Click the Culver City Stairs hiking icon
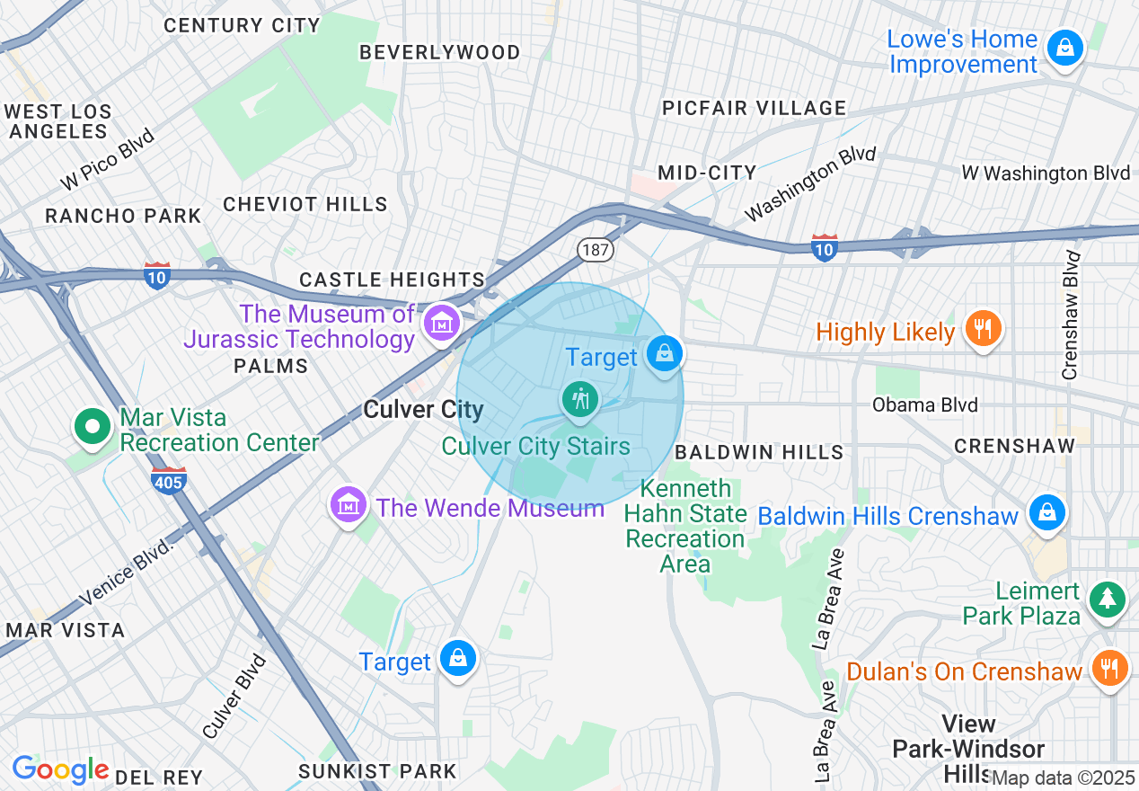[x=580, y=398]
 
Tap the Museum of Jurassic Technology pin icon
[x=442, y=322]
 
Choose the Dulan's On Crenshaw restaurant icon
[x=1110, y=668]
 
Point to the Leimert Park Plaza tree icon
[x=1107, y=599]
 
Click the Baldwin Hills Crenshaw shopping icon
[x=1046, y=512]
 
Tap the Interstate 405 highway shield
[x=169, y=480]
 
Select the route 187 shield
[x=595, y=249]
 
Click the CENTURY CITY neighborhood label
[x=242, y=25]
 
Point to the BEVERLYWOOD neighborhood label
[x=440, y=52]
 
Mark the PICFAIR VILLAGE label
[x=754, y=108]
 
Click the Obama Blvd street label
[x=924, y=404]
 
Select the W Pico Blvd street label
[x=108, y=160]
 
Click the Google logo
[x=60, y=769]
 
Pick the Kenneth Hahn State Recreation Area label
[x=685, y=526]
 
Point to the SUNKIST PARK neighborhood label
[x=377, y=771]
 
